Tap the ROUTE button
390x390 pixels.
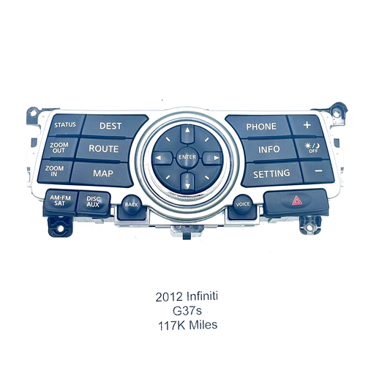click(x=103, y=149)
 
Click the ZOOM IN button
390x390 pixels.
click(x=55, y=171)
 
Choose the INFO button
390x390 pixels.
click(x=269, y=150)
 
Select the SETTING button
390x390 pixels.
click(x=271, y=174)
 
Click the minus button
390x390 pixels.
click(x=318, y=171)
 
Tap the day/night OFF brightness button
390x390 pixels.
click(x=312, y=148)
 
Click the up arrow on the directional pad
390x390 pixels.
click(x=187, y=133)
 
